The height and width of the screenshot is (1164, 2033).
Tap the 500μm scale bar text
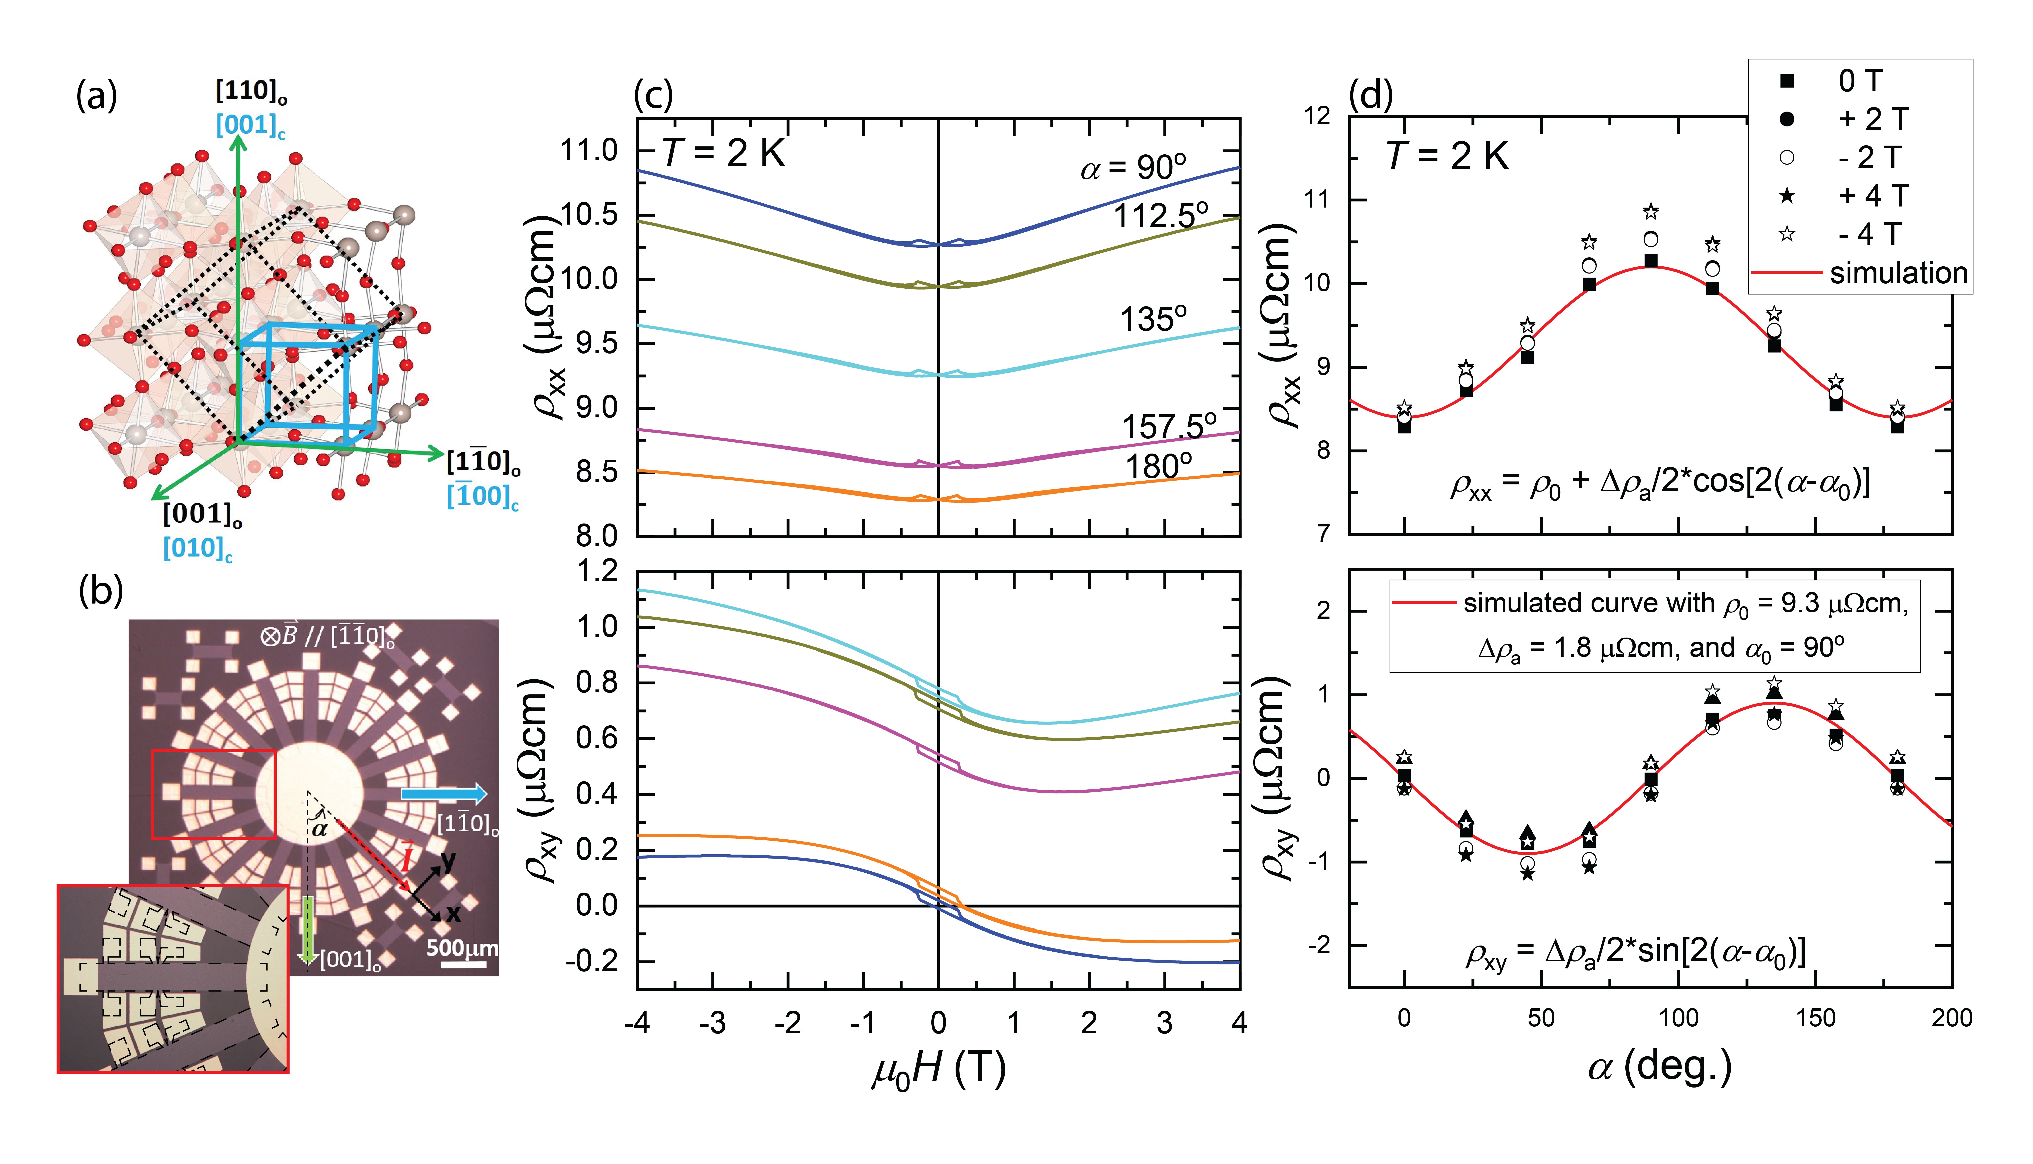pyautogui.click(x=461, y=948)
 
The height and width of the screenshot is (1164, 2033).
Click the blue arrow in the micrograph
pyautogui.click(x=444, y=794)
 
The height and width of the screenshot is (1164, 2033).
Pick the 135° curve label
pyautogui.click(x=1153, y=320)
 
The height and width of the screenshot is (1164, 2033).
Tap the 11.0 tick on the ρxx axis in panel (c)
pyautogui.click(x=589, y=150)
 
